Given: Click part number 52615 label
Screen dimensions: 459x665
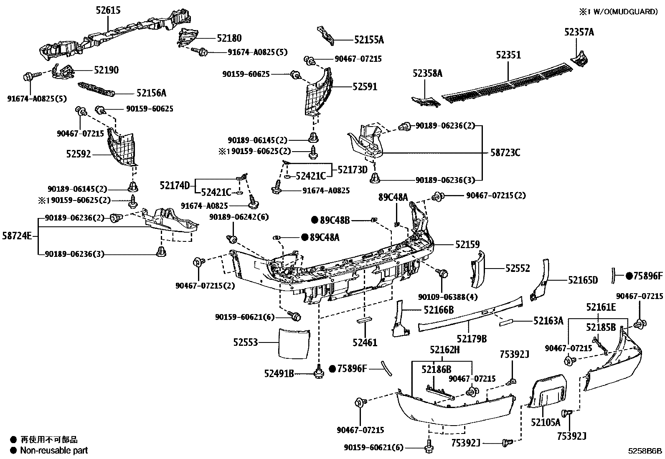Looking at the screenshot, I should click(x=107, y=10).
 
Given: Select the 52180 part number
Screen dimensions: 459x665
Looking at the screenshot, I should click(x=229, y=38).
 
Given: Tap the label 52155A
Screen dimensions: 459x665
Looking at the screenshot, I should click(x=369, y=40).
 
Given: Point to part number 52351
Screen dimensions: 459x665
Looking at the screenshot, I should click(x=508, y=55).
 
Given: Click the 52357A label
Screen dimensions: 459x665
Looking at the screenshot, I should click(x=579, y=32).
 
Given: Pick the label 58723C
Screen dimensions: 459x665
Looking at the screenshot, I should click(x=505, y=153).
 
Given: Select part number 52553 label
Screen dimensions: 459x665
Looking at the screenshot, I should click(x=246, y=342).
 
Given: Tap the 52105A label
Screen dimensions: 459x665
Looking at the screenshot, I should click(x=546, y=422).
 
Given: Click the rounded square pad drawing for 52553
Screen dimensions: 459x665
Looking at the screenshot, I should click(x=295, y=343).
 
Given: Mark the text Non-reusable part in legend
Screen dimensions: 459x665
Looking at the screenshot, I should click(x=54, y=450).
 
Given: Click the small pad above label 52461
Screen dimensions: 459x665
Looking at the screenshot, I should click(x=364, y=321).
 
